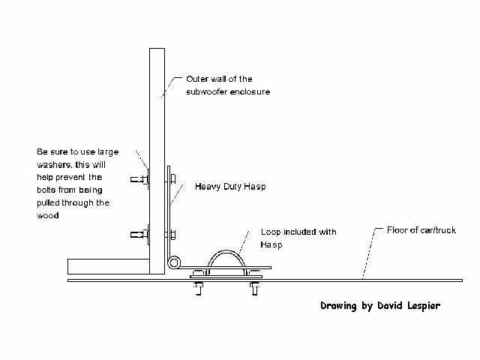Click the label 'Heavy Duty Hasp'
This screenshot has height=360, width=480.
[230, 187]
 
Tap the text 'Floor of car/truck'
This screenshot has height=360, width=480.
[421, 230]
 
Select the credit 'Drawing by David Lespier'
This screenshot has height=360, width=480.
[380, 306]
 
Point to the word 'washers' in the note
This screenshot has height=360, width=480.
[54, 165]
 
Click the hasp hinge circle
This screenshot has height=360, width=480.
[174, 262]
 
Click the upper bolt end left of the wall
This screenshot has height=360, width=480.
[139, 179]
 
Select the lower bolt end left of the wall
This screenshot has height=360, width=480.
[139, 235]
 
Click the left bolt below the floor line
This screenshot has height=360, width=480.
[198, 288]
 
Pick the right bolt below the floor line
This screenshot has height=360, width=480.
[254, 288]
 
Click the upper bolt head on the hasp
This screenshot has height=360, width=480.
[172, 178]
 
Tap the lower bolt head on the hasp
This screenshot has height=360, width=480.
[172, 235]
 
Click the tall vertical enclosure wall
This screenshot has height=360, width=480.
[157, 161]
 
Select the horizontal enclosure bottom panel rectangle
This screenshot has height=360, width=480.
[108, 267]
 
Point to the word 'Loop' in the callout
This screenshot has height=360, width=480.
[271, 232]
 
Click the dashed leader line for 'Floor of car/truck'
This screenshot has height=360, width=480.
[370, 253]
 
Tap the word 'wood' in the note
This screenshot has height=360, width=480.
[48, 215]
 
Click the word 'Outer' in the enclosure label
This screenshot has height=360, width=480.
[196, 79]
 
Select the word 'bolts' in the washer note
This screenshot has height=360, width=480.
[46, 190]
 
